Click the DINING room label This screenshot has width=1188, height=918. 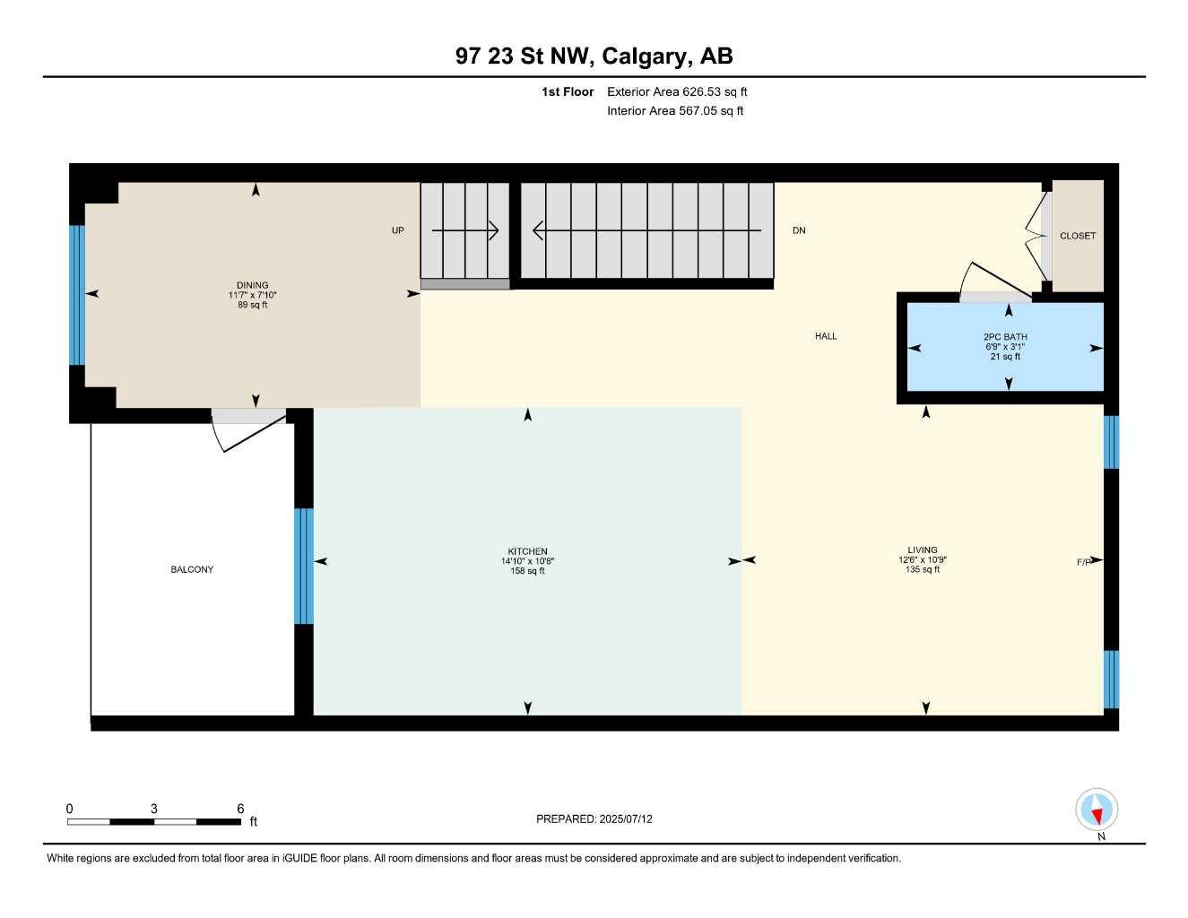point(252,285)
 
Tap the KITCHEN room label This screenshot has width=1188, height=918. point(527,551)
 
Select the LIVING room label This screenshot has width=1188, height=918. point(922,550)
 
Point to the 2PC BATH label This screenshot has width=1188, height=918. point(1005,337)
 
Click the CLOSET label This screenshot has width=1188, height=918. point(1077,236)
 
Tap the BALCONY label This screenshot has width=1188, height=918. point(192,569)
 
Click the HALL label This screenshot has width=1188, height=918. point(826,336)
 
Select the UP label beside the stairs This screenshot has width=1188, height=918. point(397,230)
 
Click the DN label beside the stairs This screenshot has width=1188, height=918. point(798,230)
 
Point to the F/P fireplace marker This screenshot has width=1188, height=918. point(1083,562)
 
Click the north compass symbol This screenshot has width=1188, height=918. point(1097,810)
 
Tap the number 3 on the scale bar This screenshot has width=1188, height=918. point(154,809)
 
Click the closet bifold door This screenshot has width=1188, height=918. point(1037,236)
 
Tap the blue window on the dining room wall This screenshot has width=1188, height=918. point(77,295)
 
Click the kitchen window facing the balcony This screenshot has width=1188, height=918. point(304,566)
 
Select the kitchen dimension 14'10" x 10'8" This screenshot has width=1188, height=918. point(527,561)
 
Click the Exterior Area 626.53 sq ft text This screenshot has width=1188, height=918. point(677,91)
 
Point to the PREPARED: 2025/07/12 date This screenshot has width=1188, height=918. point(594,818)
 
